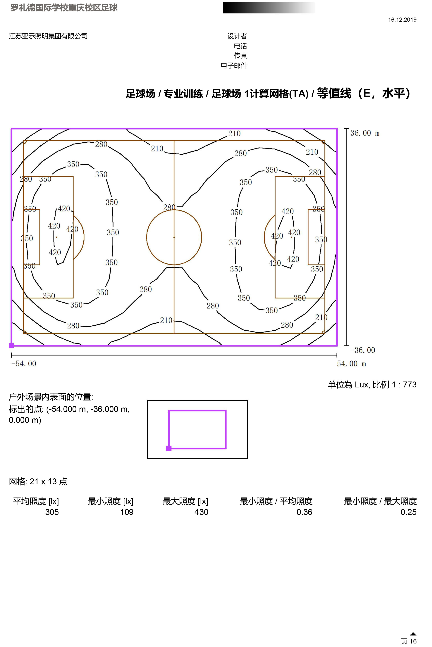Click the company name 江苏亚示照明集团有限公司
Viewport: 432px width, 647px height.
click(48, 36)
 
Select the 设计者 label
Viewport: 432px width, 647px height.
click(237, 36)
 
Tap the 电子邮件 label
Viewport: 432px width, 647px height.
click(234, 65)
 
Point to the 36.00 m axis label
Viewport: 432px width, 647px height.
click(365, 133)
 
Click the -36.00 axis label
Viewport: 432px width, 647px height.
click(363, 350)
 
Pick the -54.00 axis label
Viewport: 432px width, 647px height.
click(24, 364)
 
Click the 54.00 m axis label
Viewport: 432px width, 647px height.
click(352, 364)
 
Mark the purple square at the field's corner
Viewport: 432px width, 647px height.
click(11, 345)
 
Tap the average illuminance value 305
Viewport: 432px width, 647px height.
click(52, 512)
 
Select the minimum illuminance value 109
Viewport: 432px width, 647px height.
click(127, 512)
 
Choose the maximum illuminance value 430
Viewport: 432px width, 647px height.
click(201, 512)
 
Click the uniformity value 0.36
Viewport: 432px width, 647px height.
click(304, 512)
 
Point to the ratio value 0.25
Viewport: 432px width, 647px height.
click(409, 512)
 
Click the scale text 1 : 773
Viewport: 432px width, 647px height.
click(404, 384)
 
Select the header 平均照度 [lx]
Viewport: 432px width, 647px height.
click(36, 501)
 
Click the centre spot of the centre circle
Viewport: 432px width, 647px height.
click(174, 237)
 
